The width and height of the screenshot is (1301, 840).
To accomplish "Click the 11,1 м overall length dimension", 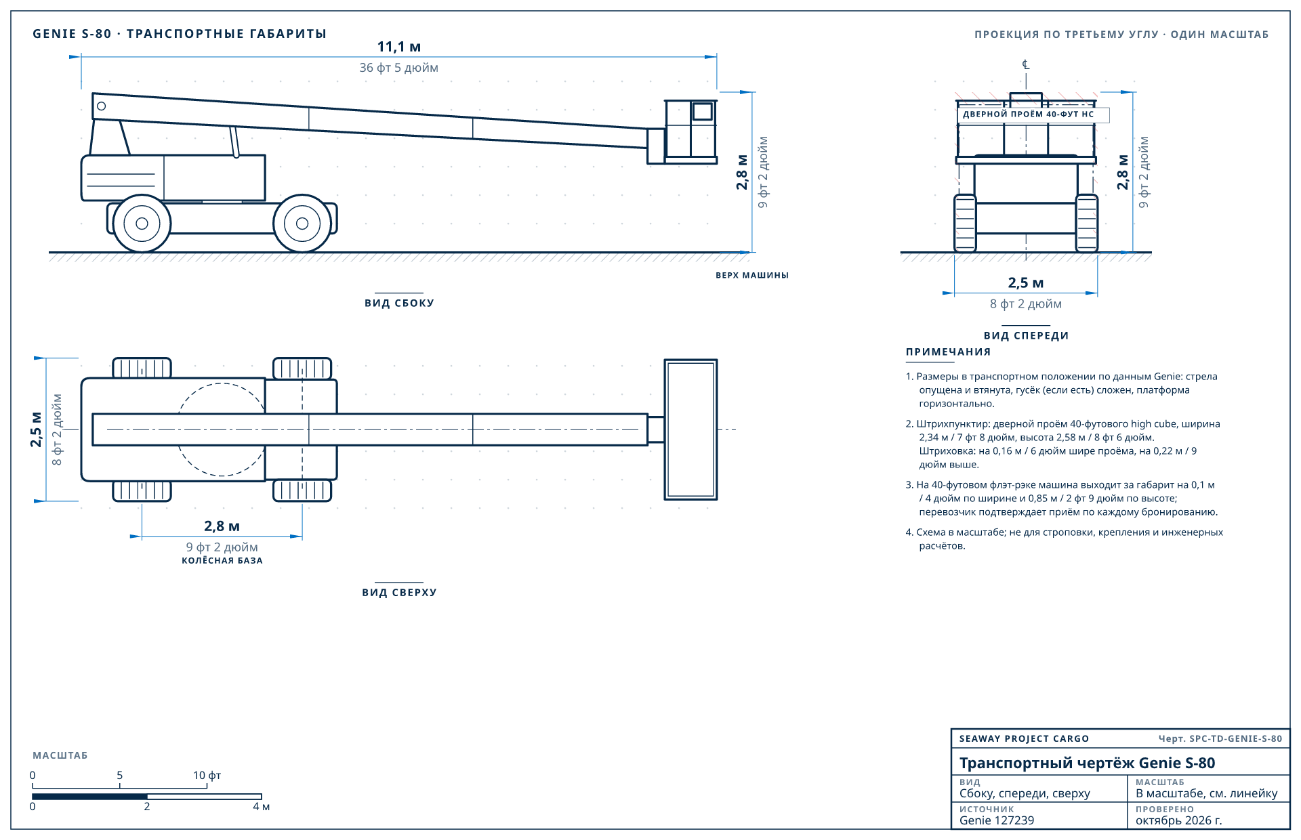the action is (399, 47).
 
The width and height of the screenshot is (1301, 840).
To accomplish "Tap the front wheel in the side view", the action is (302, 224).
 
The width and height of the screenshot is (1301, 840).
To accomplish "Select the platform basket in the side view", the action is (690, 131).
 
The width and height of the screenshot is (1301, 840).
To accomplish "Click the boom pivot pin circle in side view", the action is (102, 106).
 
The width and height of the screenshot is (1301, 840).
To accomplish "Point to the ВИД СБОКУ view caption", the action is (399, 303).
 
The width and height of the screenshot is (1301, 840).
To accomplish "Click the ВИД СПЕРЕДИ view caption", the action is (1026, 335).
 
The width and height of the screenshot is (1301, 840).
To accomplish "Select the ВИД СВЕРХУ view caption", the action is (399, 592).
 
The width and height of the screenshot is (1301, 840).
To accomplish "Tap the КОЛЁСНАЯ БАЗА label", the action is (222, 560).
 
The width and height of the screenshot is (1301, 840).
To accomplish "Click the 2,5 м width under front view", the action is (1026, 283).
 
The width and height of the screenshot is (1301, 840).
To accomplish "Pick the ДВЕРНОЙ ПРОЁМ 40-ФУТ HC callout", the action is (1029, 114).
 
